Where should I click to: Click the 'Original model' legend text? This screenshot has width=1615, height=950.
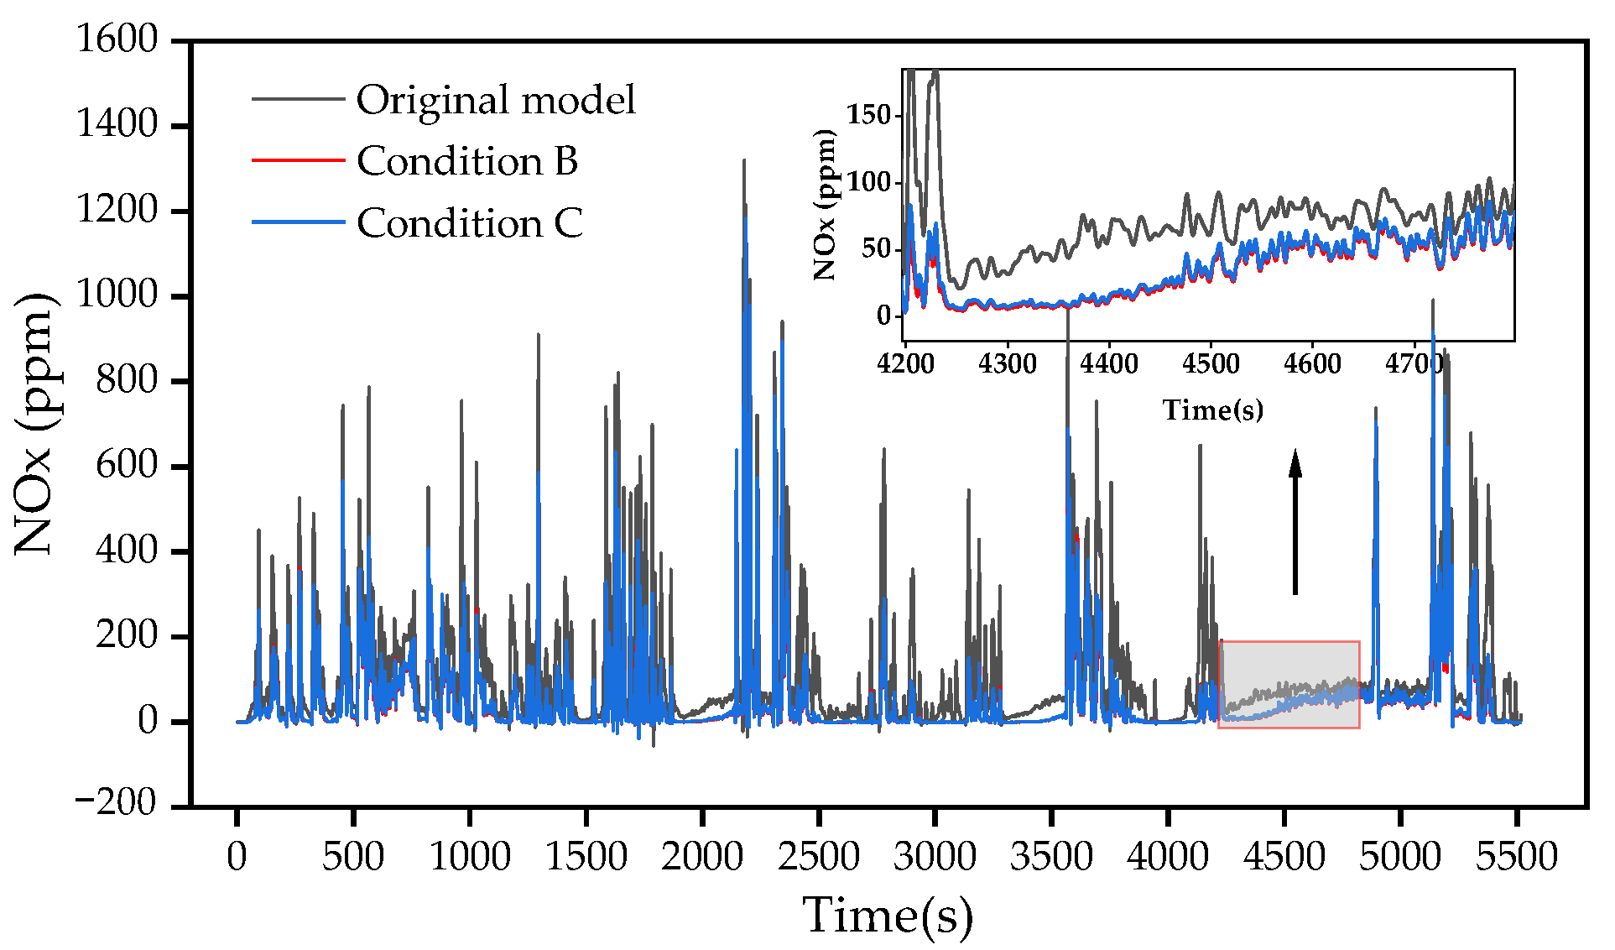tap(495, 100)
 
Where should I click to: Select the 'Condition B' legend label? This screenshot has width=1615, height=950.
tap(466, 161)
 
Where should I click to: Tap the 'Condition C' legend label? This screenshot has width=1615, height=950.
tap(469, 223)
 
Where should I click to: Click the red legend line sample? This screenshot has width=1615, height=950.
tap(298, 159)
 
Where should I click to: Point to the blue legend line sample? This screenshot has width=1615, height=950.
tap(298, 222)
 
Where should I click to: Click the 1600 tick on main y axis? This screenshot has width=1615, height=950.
tap(117, 39)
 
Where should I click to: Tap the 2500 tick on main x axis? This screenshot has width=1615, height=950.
tap(818, 857)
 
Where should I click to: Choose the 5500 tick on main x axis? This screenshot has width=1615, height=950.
tap(1516, 857)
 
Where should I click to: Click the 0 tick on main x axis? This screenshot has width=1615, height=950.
tap(237, 857)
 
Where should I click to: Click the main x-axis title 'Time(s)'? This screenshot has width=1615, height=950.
tap(888, 915)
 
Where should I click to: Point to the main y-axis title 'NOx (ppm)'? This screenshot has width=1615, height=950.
tap(35, 424)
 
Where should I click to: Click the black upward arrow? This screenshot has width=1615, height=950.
tap(1295, 520)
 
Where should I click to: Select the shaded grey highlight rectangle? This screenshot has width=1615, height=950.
tap(1289, 684)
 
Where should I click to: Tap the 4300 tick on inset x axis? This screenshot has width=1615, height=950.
tap(1007, 364)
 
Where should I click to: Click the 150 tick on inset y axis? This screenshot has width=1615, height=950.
tap(868, 114)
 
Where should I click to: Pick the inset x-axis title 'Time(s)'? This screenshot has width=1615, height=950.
tap(1212, 410)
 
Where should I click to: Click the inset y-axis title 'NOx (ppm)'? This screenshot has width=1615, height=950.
tap(826, 204)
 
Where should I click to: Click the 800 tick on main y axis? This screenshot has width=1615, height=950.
tap(127, 381)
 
